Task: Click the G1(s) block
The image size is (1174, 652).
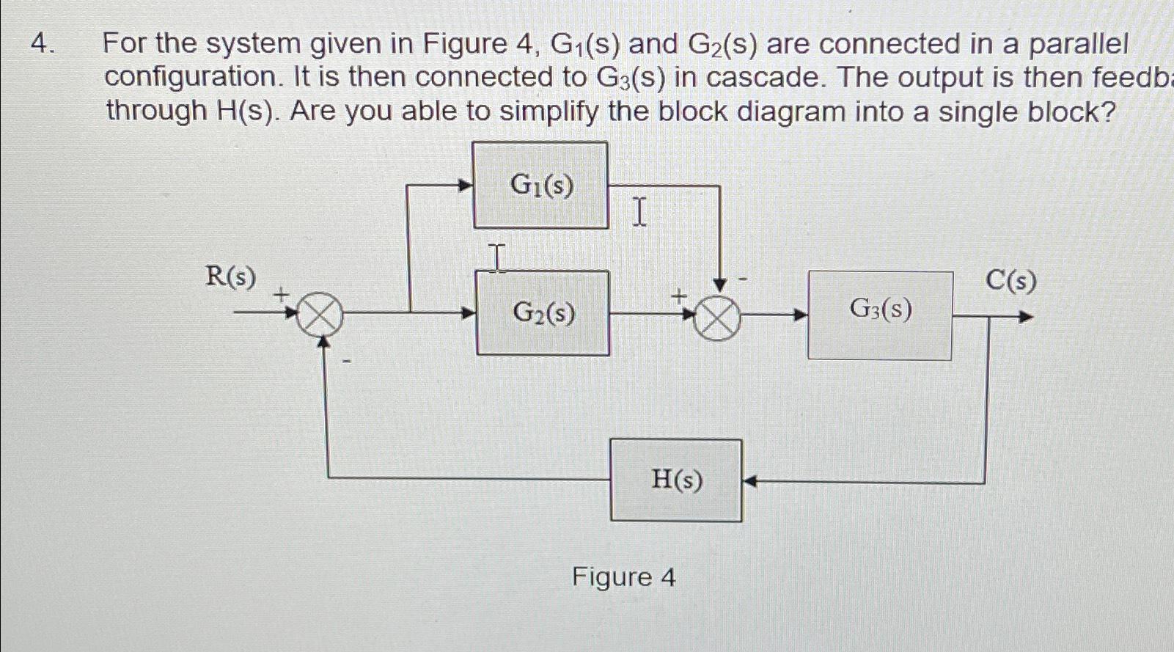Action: point(540,185)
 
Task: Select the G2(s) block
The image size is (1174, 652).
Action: point(543,313)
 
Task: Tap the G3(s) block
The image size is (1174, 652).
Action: point(880,315)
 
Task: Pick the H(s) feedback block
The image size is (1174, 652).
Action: point(676,480)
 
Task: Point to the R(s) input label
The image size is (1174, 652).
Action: point(231,276)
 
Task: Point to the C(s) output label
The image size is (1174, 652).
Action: point(1011,280)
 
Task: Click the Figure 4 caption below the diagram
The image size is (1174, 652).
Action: point(624,577)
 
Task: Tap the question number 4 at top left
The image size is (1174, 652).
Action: point(42,44)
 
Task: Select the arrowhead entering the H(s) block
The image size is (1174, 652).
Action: point(749,482)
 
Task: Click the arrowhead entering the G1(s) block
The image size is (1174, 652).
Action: point(464,186)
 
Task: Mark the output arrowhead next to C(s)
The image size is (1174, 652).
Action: point(1026,318)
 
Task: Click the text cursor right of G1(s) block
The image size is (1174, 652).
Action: point(639,212)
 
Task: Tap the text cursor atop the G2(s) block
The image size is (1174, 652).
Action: point(497,258)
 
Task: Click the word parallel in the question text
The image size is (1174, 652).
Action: point(1079,44)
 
